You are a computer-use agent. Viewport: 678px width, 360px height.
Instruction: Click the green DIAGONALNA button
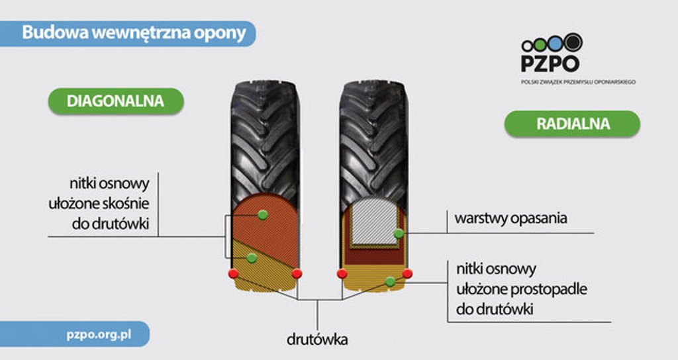(x=116, y=101)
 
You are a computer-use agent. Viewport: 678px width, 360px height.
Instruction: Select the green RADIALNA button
(x=573, y=124)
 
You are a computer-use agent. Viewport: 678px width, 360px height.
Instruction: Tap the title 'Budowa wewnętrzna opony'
(x=134, y=33)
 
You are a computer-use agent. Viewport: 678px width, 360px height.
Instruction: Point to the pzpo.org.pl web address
(x=99, y=334)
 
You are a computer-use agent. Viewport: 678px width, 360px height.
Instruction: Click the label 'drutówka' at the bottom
(x=317, y=339)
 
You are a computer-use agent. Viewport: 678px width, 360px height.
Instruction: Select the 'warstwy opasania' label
(x=510, y=218)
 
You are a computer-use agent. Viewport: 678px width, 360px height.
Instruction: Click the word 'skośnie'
(x=129, y=204)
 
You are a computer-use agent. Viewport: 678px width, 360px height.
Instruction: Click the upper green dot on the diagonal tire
(x=262, y=214)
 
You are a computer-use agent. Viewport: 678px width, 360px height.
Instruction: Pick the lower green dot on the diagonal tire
(x=252, y=259)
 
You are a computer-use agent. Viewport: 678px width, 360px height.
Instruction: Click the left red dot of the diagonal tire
(x=234, y=273)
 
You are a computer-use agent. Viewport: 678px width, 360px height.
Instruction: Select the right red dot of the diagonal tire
(x=297, y=273)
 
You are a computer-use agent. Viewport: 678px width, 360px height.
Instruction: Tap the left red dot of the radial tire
(x=342, y=273)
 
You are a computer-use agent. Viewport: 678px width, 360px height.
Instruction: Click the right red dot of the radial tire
(x=407, y=273)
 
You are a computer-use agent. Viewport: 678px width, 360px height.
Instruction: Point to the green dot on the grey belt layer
(x=399, y=234)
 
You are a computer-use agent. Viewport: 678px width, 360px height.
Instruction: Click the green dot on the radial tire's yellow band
(x=390, y=282)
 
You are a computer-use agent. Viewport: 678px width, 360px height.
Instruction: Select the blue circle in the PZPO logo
(x=556, y=44)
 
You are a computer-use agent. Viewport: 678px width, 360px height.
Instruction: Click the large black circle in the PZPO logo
(x=573, y=42)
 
